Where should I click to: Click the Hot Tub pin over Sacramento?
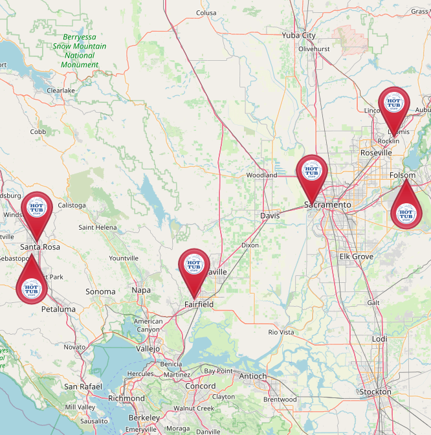[x=312, y=173]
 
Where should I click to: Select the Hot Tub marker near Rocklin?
[x=393, y=104]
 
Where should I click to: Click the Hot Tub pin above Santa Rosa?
[x=37, y=208]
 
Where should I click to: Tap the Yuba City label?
[x=298, y=36]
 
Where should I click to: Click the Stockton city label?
[x=375, y=392]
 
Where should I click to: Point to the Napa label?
[x=141, y=291]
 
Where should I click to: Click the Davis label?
[x=270, y=216]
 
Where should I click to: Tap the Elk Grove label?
[x=357, y=256]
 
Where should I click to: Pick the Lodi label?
[x=380, y=339]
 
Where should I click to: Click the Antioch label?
[x=253, y=376]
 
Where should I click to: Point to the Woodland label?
[x=261, y=175]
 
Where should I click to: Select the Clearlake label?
[x=61, y=91]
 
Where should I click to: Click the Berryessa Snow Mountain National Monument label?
[x=80, y=51]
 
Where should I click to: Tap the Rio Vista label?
[x=281, y=332]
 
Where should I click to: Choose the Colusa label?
[x=206, y=12]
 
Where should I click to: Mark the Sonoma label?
[x=100, y=292]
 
